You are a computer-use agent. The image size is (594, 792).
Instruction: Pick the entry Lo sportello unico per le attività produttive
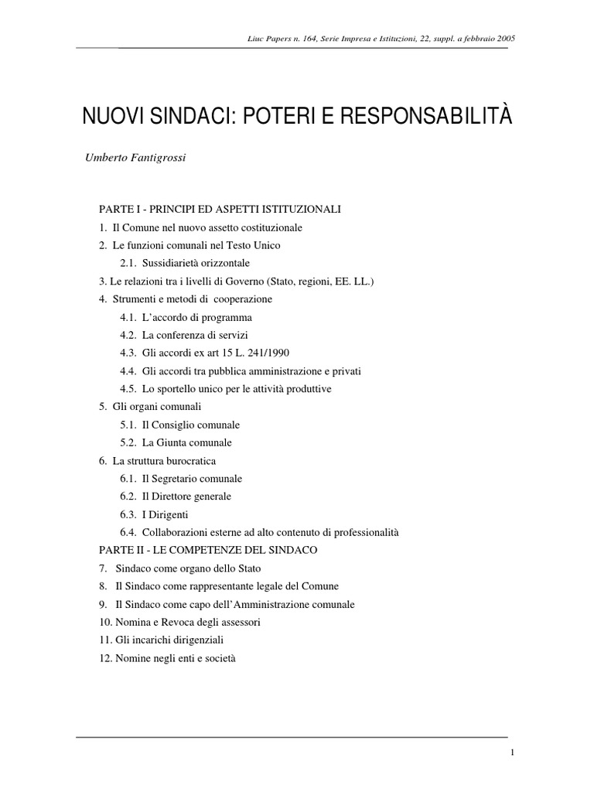pos(230,388)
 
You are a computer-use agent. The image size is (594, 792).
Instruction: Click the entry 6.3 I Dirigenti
pos(155,514)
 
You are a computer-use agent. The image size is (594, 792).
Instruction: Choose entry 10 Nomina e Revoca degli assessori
pos(179,622)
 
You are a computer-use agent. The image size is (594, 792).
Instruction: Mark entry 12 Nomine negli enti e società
pos(166,658)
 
